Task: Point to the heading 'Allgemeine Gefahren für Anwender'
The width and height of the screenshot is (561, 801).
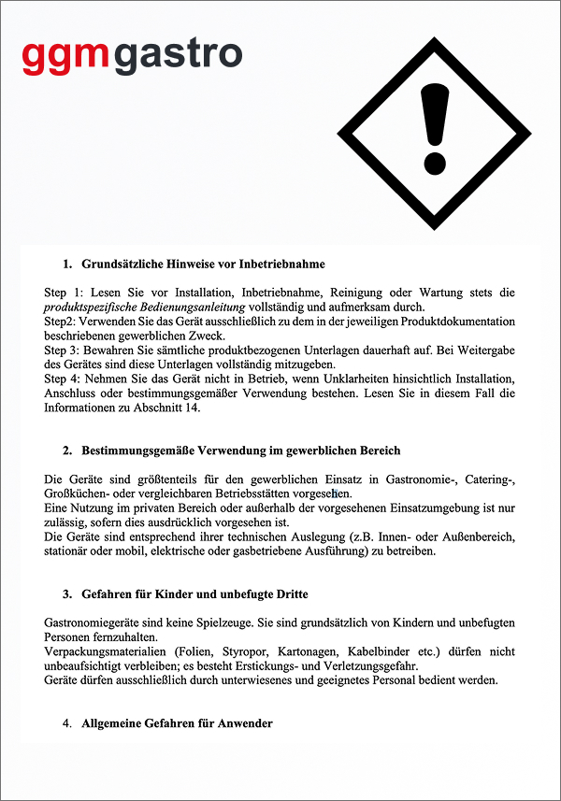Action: [177, 723]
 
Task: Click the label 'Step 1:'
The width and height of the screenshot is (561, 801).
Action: [65, 293]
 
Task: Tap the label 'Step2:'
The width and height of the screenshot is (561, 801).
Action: [62, 322]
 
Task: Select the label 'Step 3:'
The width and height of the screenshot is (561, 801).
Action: [65, 350]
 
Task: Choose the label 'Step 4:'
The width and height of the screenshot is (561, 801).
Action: [65, 378]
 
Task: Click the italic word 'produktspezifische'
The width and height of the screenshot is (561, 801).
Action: [92, 307]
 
